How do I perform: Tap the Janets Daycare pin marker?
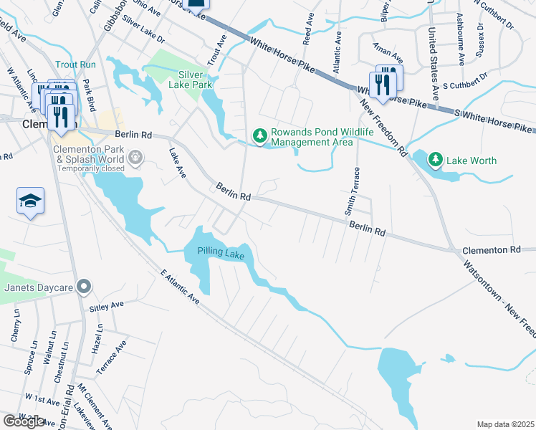tap(84, 287)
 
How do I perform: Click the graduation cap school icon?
tap(31, 201)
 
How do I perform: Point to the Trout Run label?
tap(79, 64)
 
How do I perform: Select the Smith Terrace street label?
tap(350, 191)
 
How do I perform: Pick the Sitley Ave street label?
tap(106, 307)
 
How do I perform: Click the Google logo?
tap(24, 421)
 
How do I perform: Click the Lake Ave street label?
tap(175, 164)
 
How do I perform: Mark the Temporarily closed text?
tap(89, 168)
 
